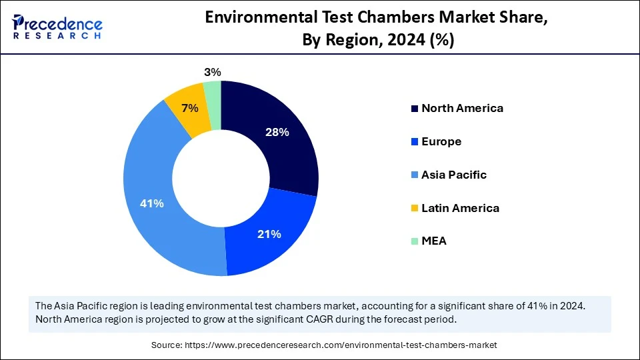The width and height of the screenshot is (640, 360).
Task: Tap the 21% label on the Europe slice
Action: pos(269,234)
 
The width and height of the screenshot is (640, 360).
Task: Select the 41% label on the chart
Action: pos(151,203)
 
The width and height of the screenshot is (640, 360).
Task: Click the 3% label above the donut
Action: pos(213,72)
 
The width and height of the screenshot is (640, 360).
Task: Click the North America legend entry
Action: pos(461,108)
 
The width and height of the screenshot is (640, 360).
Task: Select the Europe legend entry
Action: pos(441,141)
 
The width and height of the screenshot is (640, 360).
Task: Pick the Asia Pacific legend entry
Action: pos(453,175)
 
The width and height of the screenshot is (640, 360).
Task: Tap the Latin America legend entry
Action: pos(459,208)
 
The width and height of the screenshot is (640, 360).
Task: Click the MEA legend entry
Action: pos(433,241)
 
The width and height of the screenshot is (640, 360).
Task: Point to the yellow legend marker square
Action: pos(415,208)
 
